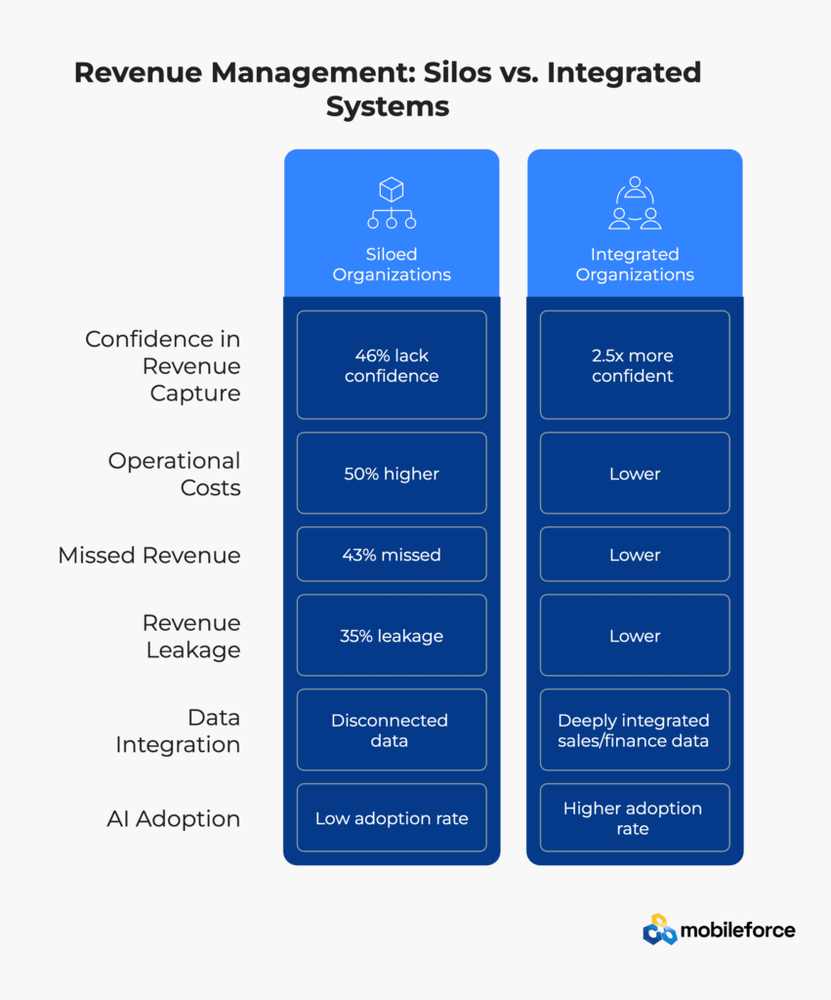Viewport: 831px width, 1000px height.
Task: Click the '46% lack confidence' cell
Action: click(x=392, y=365)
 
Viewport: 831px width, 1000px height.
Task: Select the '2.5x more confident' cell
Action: click(x=635, y=365)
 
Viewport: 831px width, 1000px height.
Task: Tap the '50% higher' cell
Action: click(x=392, y=474)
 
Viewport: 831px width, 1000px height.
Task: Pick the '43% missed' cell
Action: click(x=392, y=555)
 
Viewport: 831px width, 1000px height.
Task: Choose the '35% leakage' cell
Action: click(x=392, y=635)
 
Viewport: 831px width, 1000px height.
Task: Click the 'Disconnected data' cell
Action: click(x=392, y=729)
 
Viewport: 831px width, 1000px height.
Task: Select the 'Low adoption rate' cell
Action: click(x=392, y=817)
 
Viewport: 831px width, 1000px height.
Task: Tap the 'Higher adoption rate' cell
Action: click(x=635, y=817)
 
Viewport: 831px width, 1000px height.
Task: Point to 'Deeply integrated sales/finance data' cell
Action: click(x=635, y=729)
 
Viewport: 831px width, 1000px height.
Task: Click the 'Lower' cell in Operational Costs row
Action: click(x=635, y=474)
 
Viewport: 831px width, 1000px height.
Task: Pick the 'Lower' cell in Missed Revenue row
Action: click(x=635, y=555)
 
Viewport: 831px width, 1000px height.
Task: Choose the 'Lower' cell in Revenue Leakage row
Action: click(x=635, y=635)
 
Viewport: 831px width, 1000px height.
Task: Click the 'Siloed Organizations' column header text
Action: click(x=392, y=264)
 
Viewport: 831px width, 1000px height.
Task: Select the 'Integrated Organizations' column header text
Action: click(x=635, y=264)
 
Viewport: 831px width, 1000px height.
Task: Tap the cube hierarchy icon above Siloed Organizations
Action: click(x=392, y=203)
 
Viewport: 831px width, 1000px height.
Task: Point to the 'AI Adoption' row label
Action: click(x=174, y=818)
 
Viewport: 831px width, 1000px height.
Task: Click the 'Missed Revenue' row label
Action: click(x=149, y=555)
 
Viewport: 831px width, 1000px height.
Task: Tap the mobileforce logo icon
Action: click(x=659, y=930)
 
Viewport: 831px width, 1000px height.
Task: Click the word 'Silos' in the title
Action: click(x=457, y=72)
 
